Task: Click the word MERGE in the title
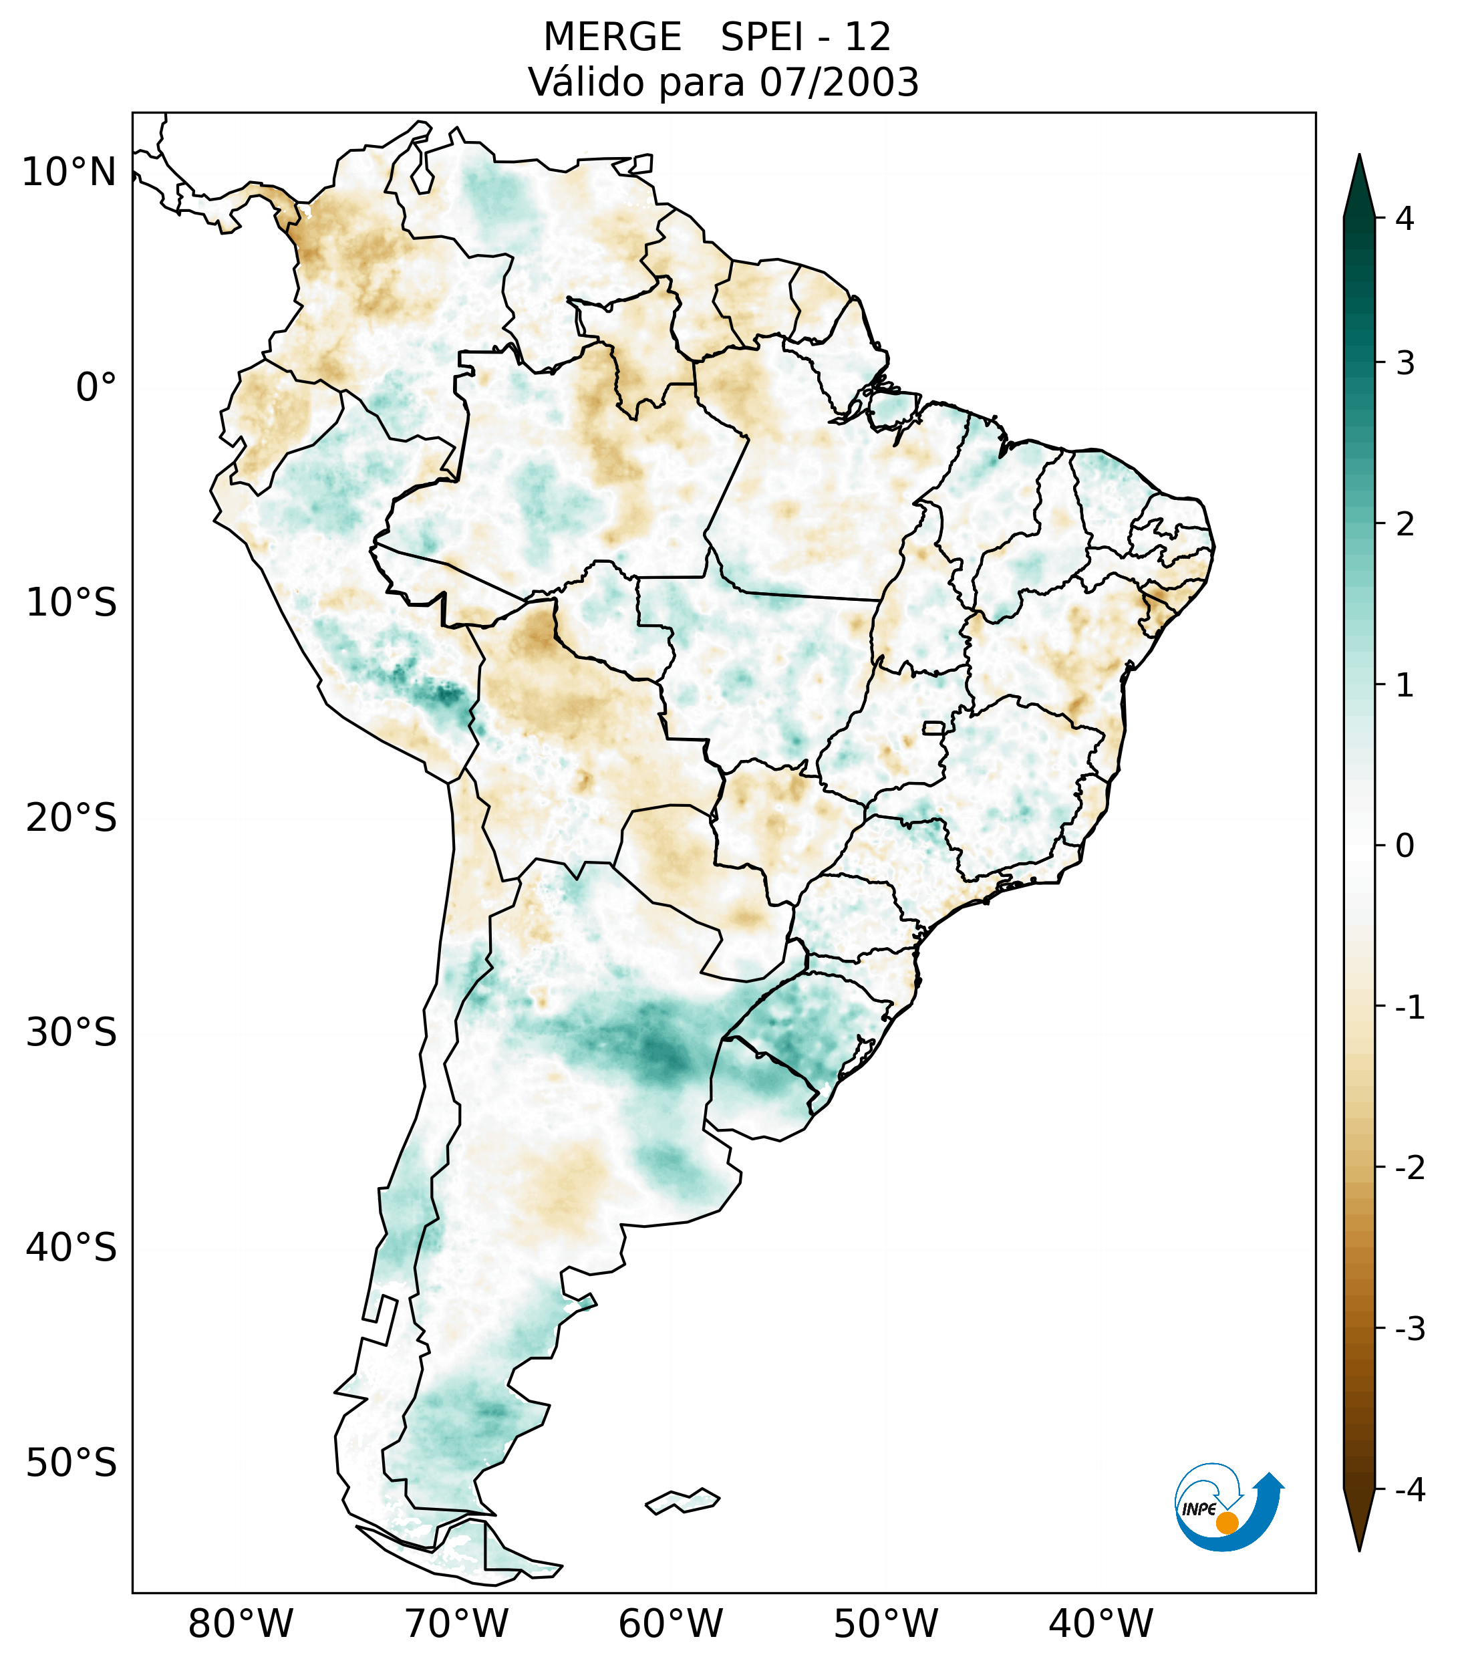click(x=611, y=37)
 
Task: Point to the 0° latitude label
click(x=96, y=387)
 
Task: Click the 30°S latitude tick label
click(x=71, y=1032)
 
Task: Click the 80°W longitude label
click(x=241, y=1624)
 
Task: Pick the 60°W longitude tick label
click(x=671, y=1624)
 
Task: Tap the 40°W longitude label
click(x=1101, y=1624)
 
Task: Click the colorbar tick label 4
click(x=1405, y=219)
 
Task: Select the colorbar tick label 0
click(x=1405, y=846)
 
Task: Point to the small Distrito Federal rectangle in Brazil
click(x=933, y=727)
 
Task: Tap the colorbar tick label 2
click(x=1405, y=524)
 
